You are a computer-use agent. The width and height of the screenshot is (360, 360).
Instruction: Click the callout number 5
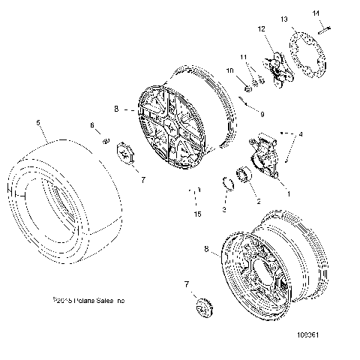click(x=37, y=121)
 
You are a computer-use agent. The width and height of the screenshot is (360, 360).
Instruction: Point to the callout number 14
click(x=316, y=13)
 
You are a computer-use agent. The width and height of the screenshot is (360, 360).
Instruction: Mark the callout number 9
click(x=262, y=115)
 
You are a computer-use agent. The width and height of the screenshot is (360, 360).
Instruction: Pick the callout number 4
click(x=301, y=135)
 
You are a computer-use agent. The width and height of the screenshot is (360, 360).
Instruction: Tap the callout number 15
click(x=198, y=214)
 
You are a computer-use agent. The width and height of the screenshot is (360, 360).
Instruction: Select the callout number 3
click(x=224, y=209)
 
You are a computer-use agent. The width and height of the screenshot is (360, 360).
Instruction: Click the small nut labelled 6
click(x=106, y=142)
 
